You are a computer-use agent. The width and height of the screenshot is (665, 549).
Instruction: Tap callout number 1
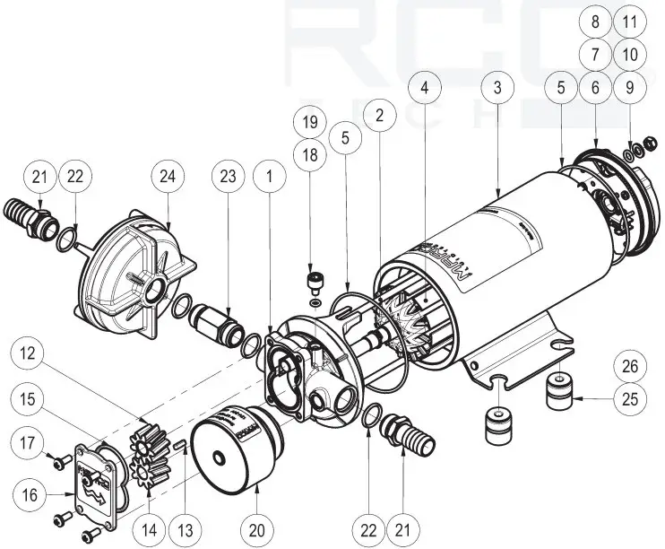(268, 178)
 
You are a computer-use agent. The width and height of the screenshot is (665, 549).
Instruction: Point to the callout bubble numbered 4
(425, 89)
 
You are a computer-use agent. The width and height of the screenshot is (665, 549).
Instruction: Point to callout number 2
(380, 115)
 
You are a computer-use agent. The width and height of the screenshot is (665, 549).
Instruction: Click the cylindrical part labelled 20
(231, 446)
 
